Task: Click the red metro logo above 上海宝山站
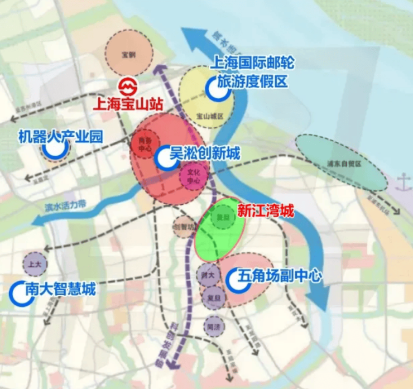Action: pyautogui.click(x=129, y=87)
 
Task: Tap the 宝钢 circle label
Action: pyautogui.click(x=129, y=55)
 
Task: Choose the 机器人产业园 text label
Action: pyautogui.click(x=60, y=136)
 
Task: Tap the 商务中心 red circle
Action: pyautogui.click(x=145, y=145)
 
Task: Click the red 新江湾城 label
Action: pyautogui.click(x=265, y=210)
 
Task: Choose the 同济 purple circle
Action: pyautogui.click(x=214, y=325)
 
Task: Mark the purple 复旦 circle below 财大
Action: pyautogui.click(x=213, y=298)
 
